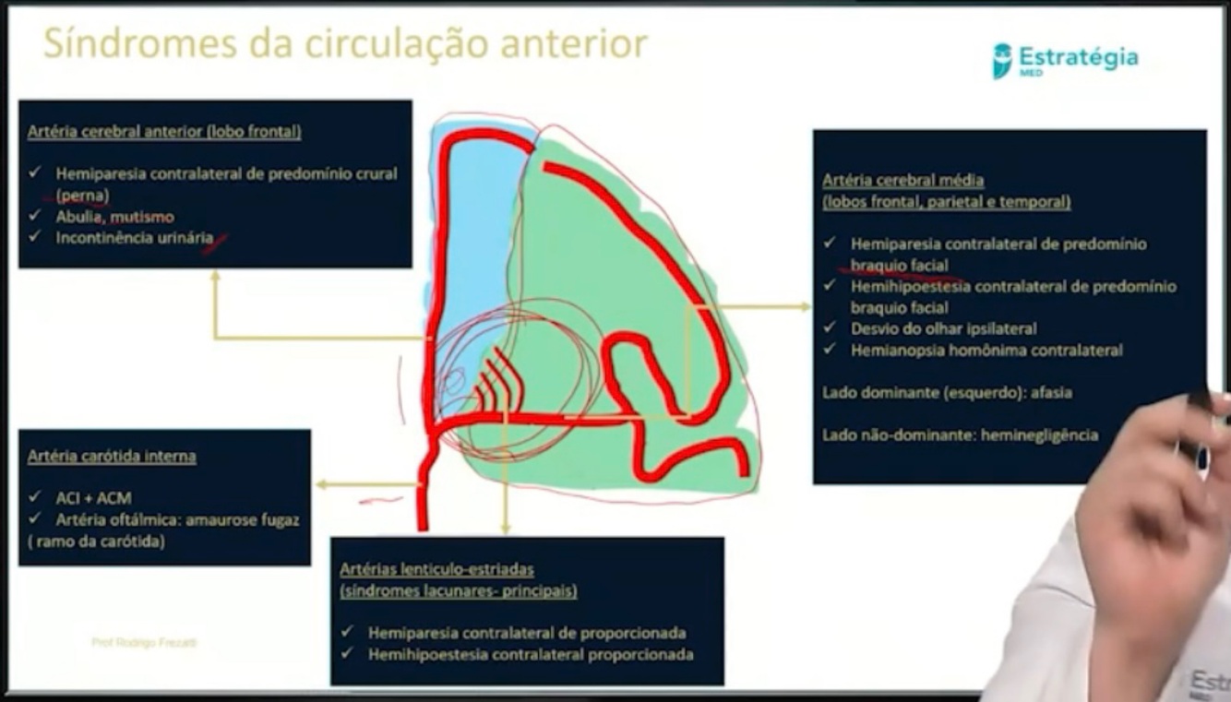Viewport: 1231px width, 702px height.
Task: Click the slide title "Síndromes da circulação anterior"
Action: point(345,43)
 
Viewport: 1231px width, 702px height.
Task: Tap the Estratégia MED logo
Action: point(1065,60)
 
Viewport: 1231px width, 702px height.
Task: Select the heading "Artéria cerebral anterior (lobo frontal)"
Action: point(164,131)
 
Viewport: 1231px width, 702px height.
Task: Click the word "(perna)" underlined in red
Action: point(82,196)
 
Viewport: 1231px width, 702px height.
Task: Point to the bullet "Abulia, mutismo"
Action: point(114,217)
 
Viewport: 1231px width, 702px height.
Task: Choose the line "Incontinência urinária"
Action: point(134,238)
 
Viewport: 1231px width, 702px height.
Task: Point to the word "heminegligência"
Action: point(1042,434)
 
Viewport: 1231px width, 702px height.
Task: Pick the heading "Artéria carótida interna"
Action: point(112,457)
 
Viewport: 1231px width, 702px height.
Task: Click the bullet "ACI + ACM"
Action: point(93,498)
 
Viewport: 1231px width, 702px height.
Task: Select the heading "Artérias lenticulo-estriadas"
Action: point(436,569)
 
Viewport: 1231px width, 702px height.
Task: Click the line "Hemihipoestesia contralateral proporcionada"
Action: point(531,654)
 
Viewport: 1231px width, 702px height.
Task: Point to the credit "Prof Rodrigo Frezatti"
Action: point(144,642)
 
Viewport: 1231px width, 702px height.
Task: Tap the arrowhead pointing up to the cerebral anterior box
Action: point(215,276)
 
